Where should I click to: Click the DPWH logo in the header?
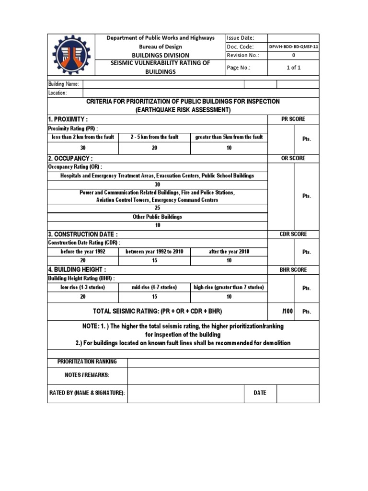point(71,55)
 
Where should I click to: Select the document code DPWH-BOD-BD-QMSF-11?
point(293,47)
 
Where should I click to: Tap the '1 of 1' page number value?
point(293,68)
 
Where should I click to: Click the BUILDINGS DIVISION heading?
point(161,55)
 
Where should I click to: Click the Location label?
point(57,93)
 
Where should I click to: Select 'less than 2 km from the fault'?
point(83,137)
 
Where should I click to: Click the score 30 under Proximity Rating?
point(83,148)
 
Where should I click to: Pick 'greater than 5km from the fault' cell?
point(229,137)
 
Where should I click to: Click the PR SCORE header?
point(293,119)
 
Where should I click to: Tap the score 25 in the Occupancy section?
point(158,208)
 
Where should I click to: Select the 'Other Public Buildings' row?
point(158,217)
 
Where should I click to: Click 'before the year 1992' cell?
point(83,252)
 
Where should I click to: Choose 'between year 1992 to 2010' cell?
point(154,252)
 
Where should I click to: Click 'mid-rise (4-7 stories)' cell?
point(154,288)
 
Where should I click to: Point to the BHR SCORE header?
point(293,270)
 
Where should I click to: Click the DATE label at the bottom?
point(260,393)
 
